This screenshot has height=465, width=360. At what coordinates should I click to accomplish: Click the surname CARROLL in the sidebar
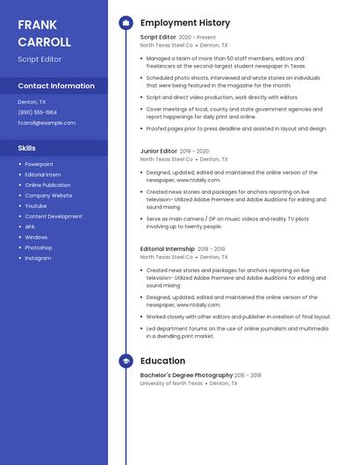(44, 41)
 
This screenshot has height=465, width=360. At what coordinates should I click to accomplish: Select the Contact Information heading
(56, 86)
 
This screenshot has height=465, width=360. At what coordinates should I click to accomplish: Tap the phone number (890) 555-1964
(38, 112)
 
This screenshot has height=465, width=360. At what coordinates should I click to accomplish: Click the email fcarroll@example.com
(47, 123)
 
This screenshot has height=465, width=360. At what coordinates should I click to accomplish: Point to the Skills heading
(26, 148)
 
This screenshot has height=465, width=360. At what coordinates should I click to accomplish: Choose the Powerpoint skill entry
(39, 164)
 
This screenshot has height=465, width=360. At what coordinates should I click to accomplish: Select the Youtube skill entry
(36, 206)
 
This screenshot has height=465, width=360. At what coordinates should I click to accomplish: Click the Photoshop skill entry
(39, 247)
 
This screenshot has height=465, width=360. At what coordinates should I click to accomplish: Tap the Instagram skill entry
(38, 258)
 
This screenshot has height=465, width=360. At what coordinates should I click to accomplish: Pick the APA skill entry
(30, 226)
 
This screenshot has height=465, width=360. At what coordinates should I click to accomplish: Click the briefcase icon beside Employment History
(126, 23)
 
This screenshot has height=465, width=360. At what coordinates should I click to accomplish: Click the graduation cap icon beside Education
(126, 361)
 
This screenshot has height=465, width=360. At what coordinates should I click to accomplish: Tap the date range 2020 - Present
(197, 38)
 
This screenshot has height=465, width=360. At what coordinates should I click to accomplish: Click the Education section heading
(162, 361)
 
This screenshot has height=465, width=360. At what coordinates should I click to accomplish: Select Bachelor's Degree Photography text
(186, 376)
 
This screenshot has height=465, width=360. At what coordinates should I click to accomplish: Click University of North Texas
(171, 383)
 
